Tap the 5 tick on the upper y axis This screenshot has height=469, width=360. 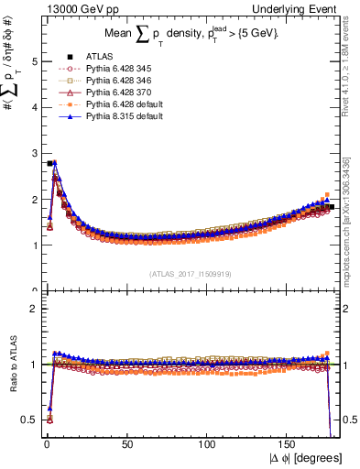coord(34,61)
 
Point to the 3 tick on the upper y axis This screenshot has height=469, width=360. coord(34,153)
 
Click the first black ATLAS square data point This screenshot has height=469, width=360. coord(49,163)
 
